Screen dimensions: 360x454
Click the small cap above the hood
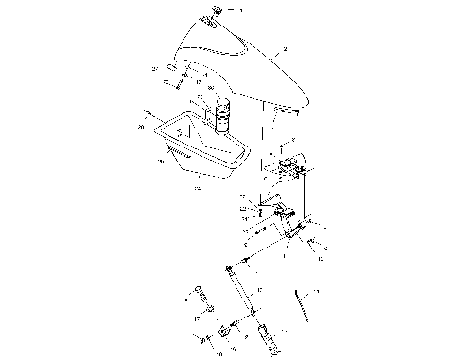coord(214,11)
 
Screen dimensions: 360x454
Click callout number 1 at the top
coord(239,10)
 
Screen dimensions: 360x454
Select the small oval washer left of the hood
coord(171,68)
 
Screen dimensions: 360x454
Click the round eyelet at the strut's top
coord(232,270)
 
